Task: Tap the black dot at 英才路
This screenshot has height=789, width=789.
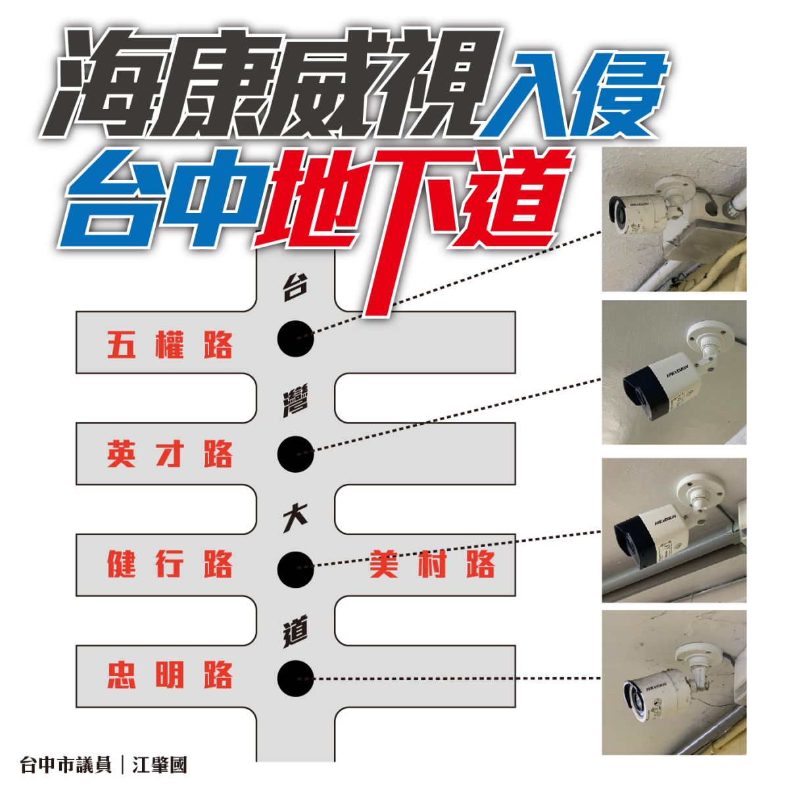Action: click(x=295, y=454)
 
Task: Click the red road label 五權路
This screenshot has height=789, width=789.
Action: click(x=170, y=345)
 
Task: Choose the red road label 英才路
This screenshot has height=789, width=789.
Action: click(x=170, y=454)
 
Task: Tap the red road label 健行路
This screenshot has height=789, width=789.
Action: click(x=170, y=565)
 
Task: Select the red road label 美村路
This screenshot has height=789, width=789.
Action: click(x=431, y=565)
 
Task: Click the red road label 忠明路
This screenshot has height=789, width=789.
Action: click(x=170, y=675)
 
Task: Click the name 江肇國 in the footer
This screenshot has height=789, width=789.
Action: click(x=160, y=765)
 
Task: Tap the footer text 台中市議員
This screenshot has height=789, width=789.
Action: click(x=66, y=765)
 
